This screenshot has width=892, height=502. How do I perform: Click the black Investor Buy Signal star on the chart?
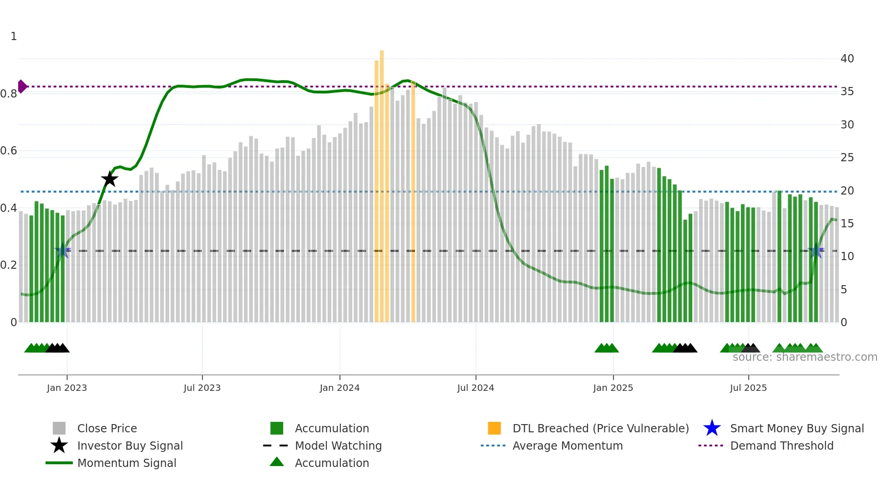point(109,179)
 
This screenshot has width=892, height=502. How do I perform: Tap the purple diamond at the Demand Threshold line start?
point(22,86)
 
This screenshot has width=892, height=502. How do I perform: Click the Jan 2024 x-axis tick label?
point(340,388)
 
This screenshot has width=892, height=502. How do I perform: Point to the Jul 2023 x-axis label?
point(202,388)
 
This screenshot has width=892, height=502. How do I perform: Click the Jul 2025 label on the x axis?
point(748,388)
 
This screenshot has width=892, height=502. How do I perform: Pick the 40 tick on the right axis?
point(847,59)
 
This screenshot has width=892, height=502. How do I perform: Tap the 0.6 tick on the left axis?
point(9,151)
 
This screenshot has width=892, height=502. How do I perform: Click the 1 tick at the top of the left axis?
point(14,36)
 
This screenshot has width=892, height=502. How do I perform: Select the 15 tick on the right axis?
point(847,224)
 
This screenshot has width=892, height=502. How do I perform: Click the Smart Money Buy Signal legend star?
point(712,428)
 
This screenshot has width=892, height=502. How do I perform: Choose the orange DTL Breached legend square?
point(494,428)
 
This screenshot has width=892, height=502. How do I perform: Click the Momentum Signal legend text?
point(127,463)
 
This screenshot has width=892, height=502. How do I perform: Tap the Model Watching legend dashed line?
point(276,446)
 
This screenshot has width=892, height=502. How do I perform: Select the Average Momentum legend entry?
point(567,446)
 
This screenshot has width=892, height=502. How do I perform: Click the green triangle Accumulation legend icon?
point(277,462)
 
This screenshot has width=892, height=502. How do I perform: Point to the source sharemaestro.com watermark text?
point(805,357)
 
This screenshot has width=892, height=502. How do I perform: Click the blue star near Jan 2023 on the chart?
point(63,251)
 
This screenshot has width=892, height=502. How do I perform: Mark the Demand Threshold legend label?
point(781,446)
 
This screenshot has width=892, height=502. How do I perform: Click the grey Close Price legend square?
point(59,428)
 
